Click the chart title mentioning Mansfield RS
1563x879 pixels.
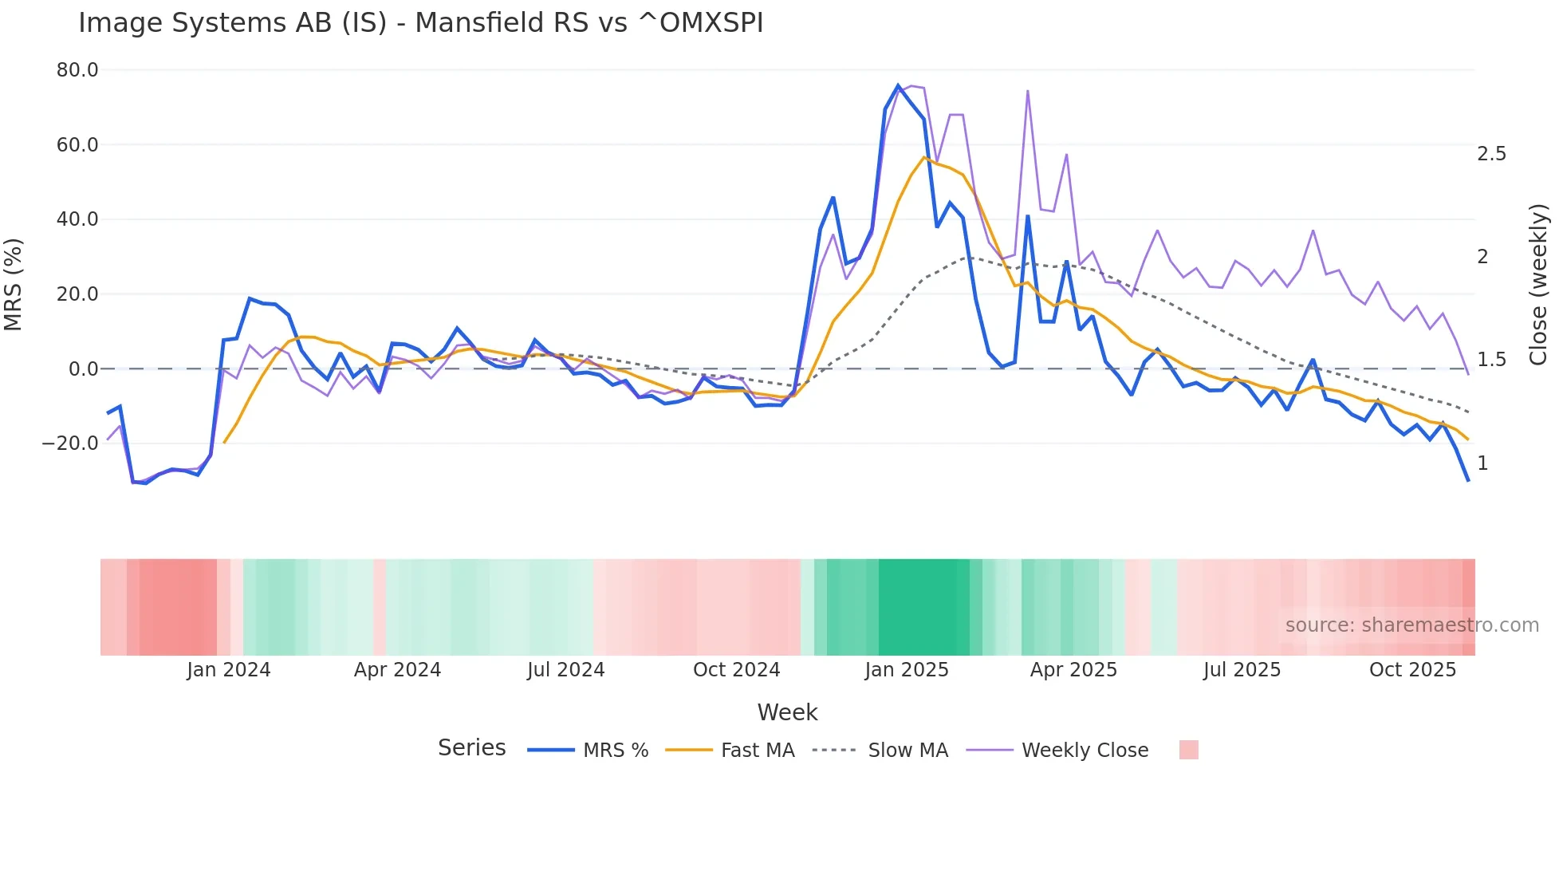coord(420,23)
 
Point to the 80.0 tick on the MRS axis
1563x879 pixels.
coord(77,70)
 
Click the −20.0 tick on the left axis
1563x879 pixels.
coord(71,443)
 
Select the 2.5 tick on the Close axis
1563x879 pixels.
coord(1491,154)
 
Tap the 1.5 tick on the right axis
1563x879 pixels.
coord(1491,360)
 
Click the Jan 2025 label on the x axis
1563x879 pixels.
coord(906,670)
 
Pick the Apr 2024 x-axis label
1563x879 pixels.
coord(397,670)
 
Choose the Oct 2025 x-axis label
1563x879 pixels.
coord(1412,670)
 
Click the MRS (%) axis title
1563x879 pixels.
coord(14,285)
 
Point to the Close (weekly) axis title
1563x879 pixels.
coord(1538,285)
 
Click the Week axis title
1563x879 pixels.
coord(787,712)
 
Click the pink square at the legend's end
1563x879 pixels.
coord(1188,750)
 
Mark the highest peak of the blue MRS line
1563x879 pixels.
coord(898,85)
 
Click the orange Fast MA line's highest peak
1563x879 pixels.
coord(924,157)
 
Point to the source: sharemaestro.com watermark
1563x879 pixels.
coord(1411,625)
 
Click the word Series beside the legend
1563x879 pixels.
coord(471,748)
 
